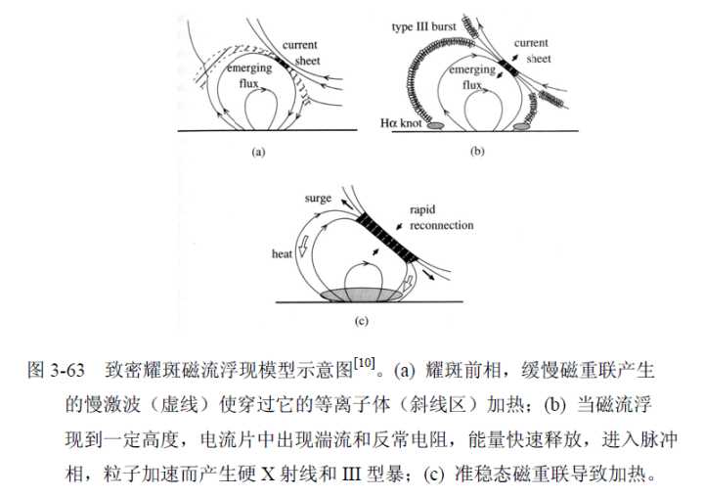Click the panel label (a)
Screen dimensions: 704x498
tap(258, 152)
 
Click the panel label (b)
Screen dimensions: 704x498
tap(477, 151)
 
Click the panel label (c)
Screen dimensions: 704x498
tap(361, 321)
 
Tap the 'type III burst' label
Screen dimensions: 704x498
tap(423, 27)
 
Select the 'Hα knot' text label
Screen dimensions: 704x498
tap(401, 122)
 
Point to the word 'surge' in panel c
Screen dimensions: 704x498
tap(318, 199)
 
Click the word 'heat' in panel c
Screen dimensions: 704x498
tap(282, 254)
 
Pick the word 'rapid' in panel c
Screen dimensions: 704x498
tap(422, 210)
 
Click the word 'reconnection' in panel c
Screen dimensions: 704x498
tap(441, 225)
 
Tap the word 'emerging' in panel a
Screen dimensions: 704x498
tap(249, 68)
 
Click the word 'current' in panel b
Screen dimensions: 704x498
tap(531, 43)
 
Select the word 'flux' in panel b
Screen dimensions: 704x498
tap(472, 84)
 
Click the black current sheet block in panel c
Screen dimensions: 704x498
tap(387, 237)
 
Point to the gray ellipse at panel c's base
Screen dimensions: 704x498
tap(362, 295)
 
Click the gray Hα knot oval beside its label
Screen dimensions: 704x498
tap(434, 126)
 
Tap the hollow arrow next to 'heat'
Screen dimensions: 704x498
tap(303, 247)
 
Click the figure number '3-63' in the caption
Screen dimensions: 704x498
tap(67, 371)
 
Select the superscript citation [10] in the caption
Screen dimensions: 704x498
tap(364, 363)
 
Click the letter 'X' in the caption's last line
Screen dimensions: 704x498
tap(268, 475)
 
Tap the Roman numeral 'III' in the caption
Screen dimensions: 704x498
tap(352, 475)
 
